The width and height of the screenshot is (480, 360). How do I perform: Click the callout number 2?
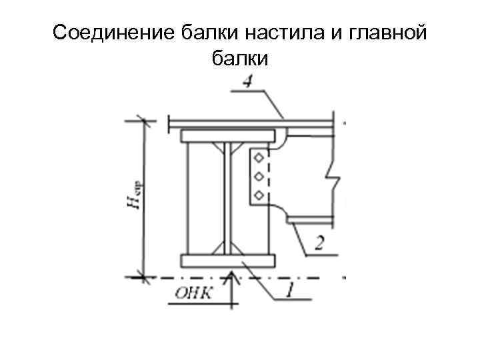(319, 243)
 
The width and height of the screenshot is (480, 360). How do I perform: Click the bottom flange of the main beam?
(227, 259)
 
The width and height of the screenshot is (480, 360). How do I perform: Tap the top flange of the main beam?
(227, 136)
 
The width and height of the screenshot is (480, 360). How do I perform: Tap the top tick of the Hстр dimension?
(142, 121)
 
